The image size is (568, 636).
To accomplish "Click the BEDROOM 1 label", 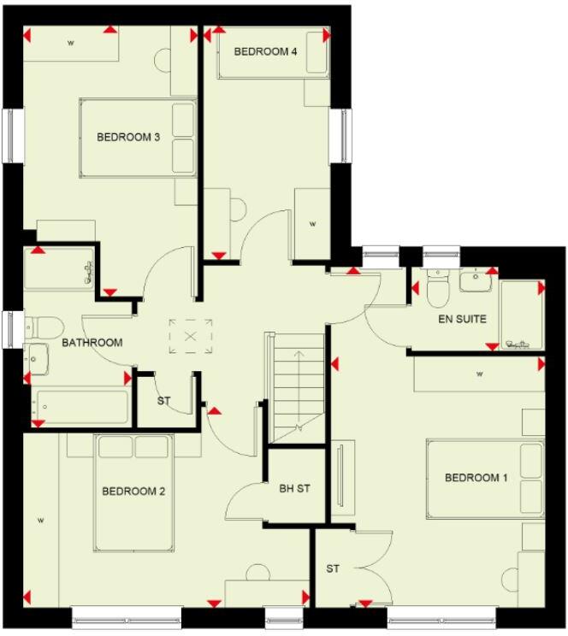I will click(x=476, y=478).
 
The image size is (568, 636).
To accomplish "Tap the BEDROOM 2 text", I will click(x=133, y=492).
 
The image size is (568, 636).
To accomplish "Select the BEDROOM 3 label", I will click(x=128, y=137).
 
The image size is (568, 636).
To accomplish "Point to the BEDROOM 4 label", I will click(x=265, y=51).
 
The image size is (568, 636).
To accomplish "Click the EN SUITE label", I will click(x=462, y=319).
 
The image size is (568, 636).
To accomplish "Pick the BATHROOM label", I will click(x=92, y=343).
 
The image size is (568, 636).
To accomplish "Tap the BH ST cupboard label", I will click(x=294, y=490).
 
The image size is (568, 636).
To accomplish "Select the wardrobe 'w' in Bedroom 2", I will click(x=40, y=519).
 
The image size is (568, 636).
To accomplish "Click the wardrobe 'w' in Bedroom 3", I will click(x=70, y=42).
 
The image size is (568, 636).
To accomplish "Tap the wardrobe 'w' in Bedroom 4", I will click(x=312, y=224).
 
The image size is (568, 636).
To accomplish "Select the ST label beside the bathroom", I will click(x=163, y=400).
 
